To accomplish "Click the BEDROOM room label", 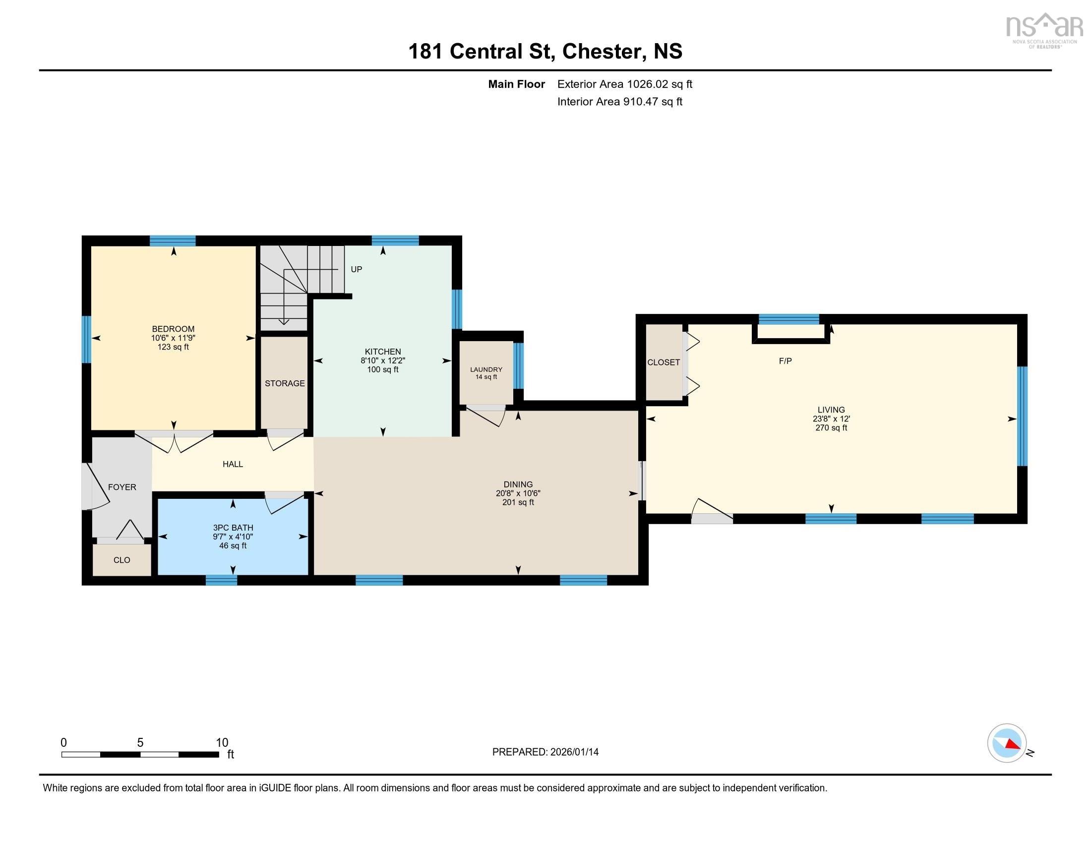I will (173, 329).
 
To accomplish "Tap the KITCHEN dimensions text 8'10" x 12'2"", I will (383, 361).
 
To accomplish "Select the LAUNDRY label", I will (485, 369).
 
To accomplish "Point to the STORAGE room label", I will (285, 383).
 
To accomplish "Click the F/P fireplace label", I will (785, 361).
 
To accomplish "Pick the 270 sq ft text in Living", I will (831, 428).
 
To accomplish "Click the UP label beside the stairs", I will (356, 270).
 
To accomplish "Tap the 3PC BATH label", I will (233, 528).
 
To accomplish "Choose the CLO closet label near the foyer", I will (122, 560).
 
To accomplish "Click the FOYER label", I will (122, 487).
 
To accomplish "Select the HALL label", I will (233, 465).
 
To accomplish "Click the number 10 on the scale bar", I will (222, 743).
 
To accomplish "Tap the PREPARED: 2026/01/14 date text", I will (545, 752).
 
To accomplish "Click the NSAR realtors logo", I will (1043, 30).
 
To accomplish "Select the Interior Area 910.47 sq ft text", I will (619, 102).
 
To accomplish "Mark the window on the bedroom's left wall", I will (86, 339).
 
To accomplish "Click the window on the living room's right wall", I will (1022, 416).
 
